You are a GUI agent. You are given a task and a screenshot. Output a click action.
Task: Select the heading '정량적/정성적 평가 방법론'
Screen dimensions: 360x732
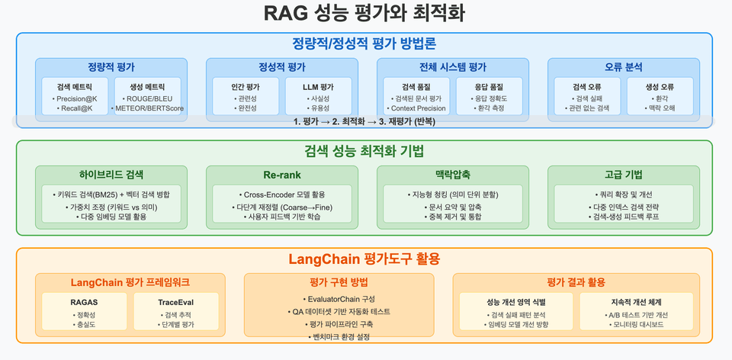(x=364, y=43)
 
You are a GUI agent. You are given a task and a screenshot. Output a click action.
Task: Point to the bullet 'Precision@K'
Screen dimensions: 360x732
(x=75, y=98)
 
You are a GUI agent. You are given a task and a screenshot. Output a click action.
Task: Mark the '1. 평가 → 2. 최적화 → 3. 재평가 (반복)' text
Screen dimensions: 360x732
(x=364, y=121)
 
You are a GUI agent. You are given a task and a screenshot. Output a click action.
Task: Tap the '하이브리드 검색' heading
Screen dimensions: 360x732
(x=111, y=175)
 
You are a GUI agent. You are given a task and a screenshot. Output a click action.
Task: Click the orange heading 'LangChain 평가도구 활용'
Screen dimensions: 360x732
(x=364, y=259)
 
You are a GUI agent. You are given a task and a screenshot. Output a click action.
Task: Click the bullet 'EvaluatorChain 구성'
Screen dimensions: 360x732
(x=339, y=299)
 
